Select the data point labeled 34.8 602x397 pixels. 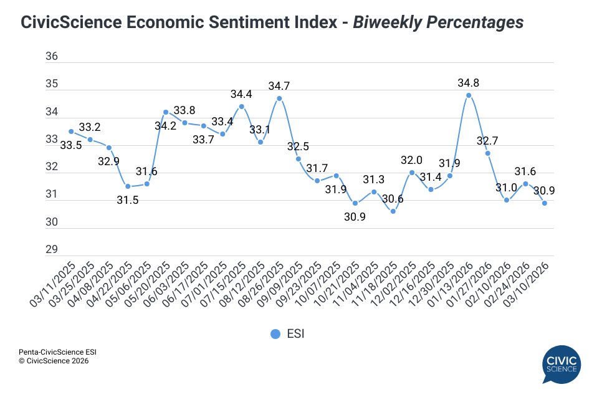click(x=469, y=95)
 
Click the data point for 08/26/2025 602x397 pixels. click(x=279, y=98)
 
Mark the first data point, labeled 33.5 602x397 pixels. click(x=71, y=132)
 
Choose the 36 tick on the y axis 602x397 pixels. click(x=52, y=57)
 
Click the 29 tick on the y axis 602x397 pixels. click(x=52, y=249)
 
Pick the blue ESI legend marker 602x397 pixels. click(x=275, y=334)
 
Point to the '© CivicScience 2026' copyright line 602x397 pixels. click(x=54, y=361)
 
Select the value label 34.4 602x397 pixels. click(x=241, y=94)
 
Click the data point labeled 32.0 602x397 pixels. click(x=412, y=172)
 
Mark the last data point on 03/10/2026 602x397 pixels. click(x=545, y=203)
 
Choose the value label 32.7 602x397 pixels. click(x=487, y=141)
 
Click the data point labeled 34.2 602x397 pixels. click(x=166, y=112)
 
